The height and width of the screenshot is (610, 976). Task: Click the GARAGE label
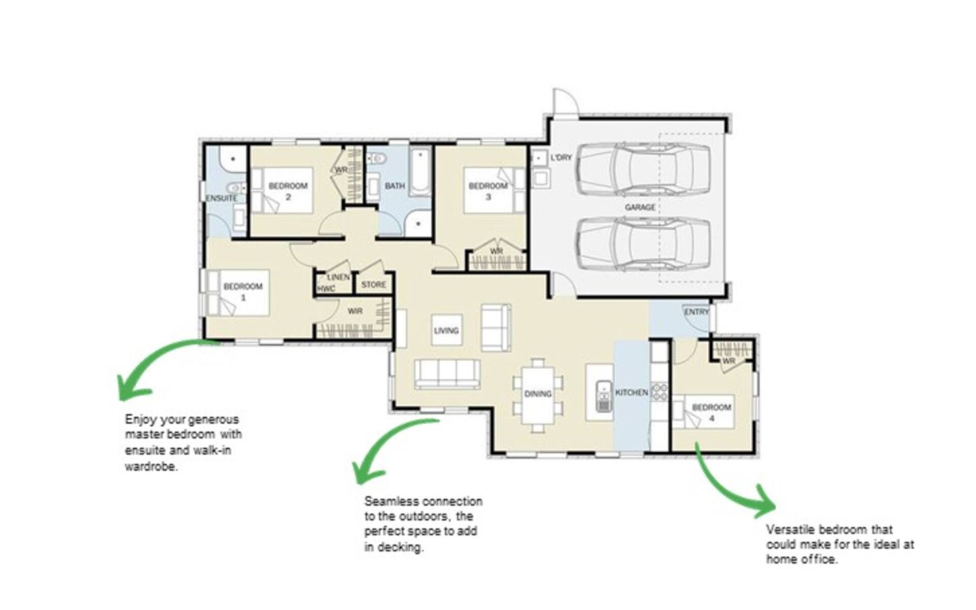pyautogui.click(x=639, y=207)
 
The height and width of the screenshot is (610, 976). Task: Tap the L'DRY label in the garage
pyautogui.click(x=561, y=158)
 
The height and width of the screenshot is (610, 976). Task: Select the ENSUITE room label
pyautogui.click(x=222, y=198)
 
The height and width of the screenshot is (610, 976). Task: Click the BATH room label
pyautogui.click(x=394, y=186)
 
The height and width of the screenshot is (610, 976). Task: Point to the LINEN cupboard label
pyautogui.click(x=339, y=277)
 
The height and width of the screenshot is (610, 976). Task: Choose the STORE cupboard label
pyautogui.click(x=374, y=285)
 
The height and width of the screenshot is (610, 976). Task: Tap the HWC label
pyautogui.click(x=326, y=289)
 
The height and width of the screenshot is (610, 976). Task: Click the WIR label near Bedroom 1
pyautogui.click(x=355, y=311)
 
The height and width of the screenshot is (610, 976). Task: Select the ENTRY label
pyautogui.click(x=696, y=312)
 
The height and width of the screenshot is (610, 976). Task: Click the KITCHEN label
pyautogui.click(x=631, y=392)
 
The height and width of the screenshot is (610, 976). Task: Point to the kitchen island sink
pyautogui.click(x=603, y=395)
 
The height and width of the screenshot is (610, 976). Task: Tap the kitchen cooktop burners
pyautogui.click(x=659, y=391)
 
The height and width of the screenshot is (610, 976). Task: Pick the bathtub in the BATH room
pyautogui.click(x=420, y=172)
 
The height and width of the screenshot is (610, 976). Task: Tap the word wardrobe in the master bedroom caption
pyautogui.click(x=151, y=466)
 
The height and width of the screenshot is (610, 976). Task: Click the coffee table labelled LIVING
pyautogui.click(x=446, y=330)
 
